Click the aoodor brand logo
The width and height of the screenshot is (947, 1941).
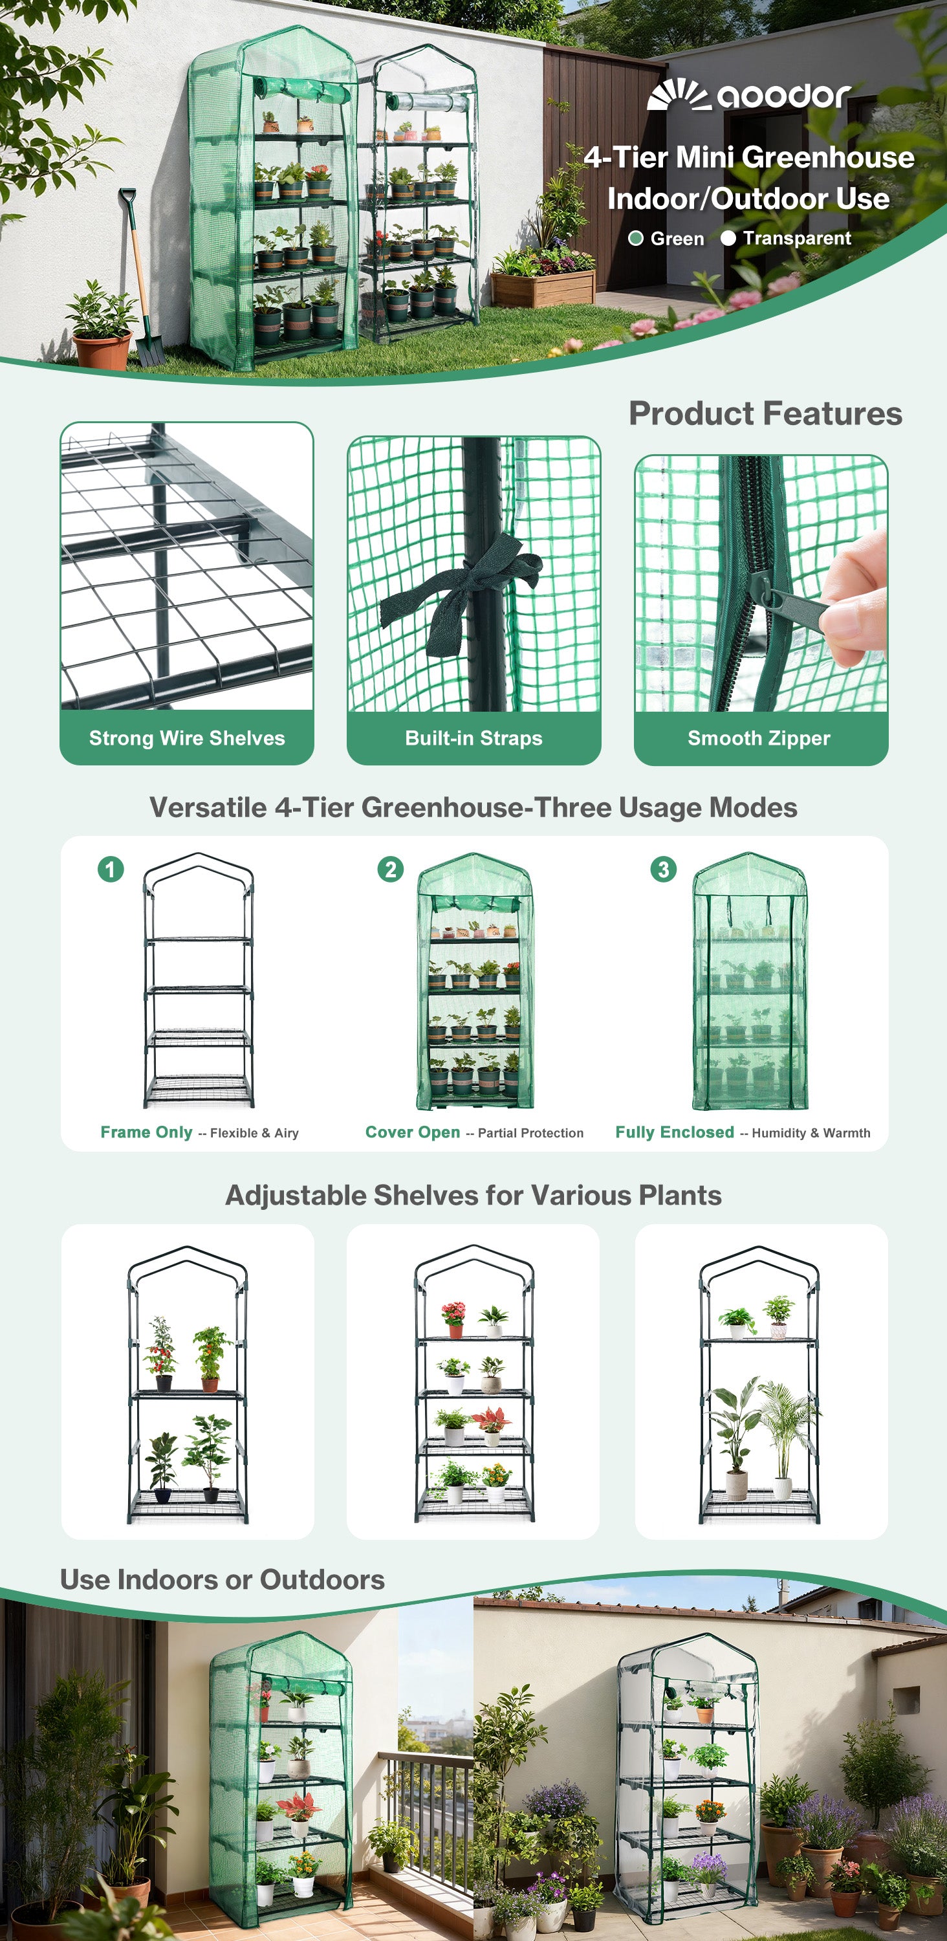(749, 94)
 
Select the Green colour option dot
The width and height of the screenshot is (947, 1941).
(636, 238)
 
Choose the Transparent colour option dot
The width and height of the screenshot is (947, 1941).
(728, 238)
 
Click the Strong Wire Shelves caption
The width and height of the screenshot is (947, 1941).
(187, 738)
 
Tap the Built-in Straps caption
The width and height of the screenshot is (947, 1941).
(474, 738)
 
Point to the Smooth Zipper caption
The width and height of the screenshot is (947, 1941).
(759, 738)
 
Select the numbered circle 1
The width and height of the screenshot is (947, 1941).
(111, 869)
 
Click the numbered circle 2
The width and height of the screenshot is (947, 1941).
(390, 869)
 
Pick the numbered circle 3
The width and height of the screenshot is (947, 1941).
(663, 869)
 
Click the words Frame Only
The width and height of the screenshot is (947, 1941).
(146, 1132)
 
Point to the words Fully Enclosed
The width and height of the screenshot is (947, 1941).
(674, 1132)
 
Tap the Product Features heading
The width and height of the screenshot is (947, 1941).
(765, 413)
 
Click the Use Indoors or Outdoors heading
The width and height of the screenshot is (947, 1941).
(223, 1579)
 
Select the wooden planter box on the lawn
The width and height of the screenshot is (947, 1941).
(543, 288)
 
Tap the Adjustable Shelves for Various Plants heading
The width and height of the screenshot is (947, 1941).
(473, 1195)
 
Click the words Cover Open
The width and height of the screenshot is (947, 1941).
(412, 1132)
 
